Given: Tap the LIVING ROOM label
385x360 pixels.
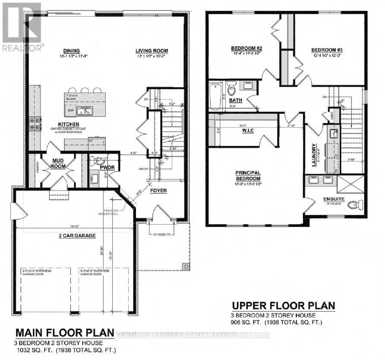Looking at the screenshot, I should coord(151,50).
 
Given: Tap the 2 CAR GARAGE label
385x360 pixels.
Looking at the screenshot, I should coord(74,235).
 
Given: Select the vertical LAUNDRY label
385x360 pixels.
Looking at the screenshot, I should coord(315,151).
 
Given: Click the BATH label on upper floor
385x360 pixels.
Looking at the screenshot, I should coord(236,100).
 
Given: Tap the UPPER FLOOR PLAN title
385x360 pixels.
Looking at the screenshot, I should coord(283,306).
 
